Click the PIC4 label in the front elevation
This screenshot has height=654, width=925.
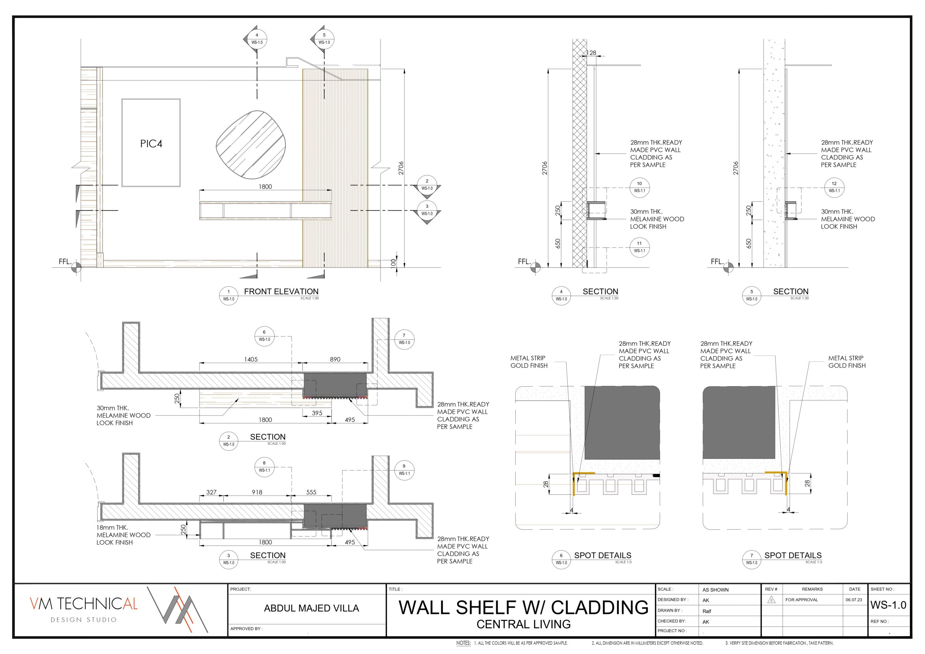[x=151, y=143]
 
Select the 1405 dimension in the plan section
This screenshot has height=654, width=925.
[x=251, y=360]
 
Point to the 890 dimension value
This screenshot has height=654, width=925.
[x=335, y=360]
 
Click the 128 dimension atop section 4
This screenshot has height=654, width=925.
[x=591, y=53]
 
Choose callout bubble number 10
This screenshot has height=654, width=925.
[x=639, y=188]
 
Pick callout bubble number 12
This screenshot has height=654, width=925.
[x=834, y=188]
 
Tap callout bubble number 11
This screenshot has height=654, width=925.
[x=639, y=247]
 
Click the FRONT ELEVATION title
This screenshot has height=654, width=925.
[x=281, y=291]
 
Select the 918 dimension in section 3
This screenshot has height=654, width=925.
[x=257, y=492]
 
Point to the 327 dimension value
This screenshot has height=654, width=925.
[x=211, y=492]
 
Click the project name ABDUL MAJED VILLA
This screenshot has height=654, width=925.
[x=311, y=608]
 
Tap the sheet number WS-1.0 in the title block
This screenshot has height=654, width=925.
[x=889, y=605]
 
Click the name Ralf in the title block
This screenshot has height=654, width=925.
[x=707, y=611]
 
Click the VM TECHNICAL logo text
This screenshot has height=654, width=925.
[x=84, y=604]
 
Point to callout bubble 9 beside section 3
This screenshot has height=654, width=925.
[x=404, y=470]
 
